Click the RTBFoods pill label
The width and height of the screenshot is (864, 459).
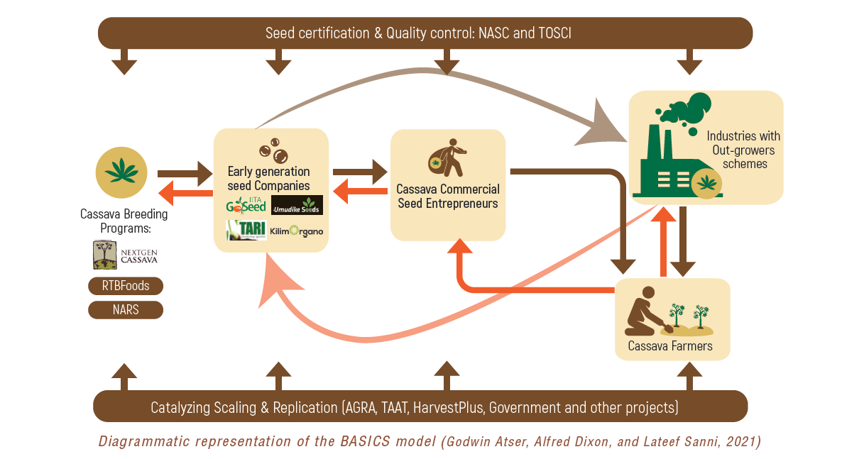(126, 286)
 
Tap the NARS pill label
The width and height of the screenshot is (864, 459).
(126, 310)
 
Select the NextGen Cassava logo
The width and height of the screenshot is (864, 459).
(126, 255)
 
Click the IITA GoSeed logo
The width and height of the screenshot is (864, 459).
(246, 205)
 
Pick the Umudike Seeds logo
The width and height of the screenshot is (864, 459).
(297, 205)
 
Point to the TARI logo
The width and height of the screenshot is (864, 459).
(246, 230)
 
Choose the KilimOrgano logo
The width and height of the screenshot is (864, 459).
(297, 231)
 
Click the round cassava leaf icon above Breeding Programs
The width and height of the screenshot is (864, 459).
(121, 172)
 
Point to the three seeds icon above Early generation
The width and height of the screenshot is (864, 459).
(273, 150)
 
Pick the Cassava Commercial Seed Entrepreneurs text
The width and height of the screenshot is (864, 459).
(448, 197)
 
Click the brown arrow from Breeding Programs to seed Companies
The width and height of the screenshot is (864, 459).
(183, 173)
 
